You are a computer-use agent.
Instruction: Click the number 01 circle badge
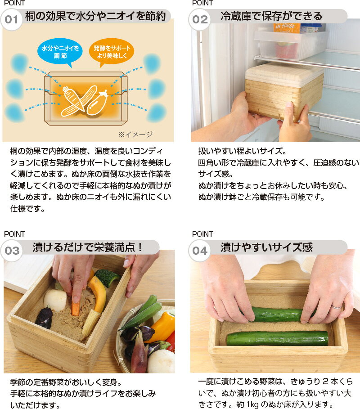(x=11, y=19)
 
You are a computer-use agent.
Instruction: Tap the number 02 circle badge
(x=199, y=19)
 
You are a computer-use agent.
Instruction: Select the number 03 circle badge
(x=12, y=251)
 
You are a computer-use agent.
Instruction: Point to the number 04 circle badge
(x=199, y=251)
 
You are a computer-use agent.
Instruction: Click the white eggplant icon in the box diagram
(x=97, y=103)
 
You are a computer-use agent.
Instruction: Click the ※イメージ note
(x=135, y=135)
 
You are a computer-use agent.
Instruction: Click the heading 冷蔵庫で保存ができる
(x=271, y=16)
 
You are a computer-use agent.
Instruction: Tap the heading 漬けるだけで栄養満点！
(x=87, y=247)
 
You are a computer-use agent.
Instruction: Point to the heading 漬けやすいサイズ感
(x=266, y=247)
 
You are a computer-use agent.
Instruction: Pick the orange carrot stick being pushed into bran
(x=76, y=309)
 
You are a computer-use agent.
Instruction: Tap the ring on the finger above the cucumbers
(x=336, y=307)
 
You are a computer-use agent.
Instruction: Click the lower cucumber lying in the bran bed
(x=277, y=338)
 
